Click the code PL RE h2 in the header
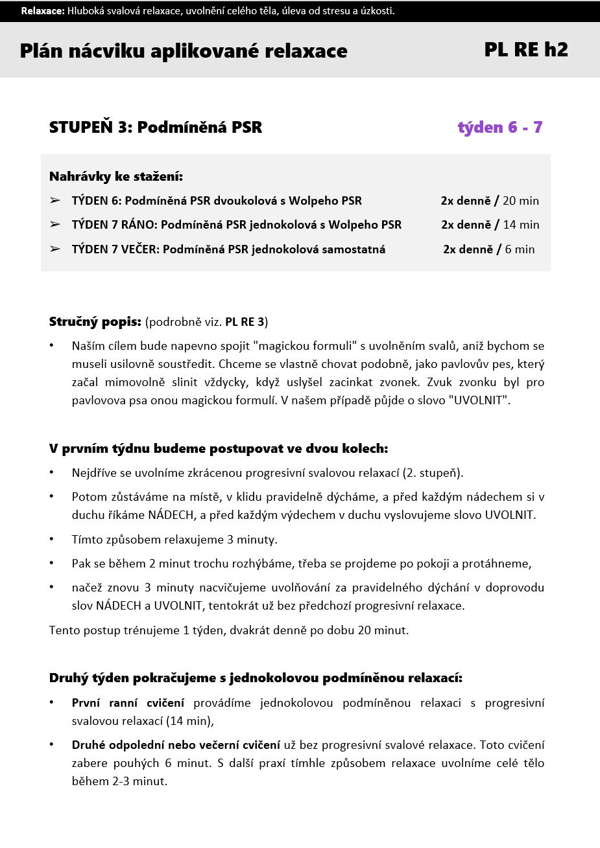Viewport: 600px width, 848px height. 525,50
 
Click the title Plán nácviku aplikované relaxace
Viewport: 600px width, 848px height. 184,51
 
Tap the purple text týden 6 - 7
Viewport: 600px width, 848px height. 499,127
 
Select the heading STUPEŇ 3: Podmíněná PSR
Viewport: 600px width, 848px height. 156,127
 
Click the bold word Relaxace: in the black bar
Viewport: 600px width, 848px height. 43,11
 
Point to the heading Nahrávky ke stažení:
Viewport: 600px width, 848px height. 116,176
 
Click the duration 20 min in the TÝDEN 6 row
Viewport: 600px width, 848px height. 520,201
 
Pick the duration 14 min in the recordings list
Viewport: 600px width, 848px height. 521,225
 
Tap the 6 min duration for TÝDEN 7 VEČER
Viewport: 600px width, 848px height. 520,249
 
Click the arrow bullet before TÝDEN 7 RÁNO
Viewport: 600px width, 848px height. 55,225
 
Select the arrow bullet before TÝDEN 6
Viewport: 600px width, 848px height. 55,201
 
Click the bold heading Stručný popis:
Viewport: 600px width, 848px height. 95,321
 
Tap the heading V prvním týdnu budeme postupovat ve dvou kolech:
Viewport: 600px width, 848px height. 219,448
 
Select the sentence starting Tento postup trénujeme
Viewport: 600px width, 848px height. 229,630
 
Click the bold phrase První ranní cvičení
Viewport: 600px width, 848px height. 128,703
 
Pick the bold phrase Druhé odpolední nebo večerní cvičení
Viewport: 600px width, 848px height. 176,745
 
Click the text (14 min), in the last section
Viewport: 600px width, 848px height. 189,720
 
